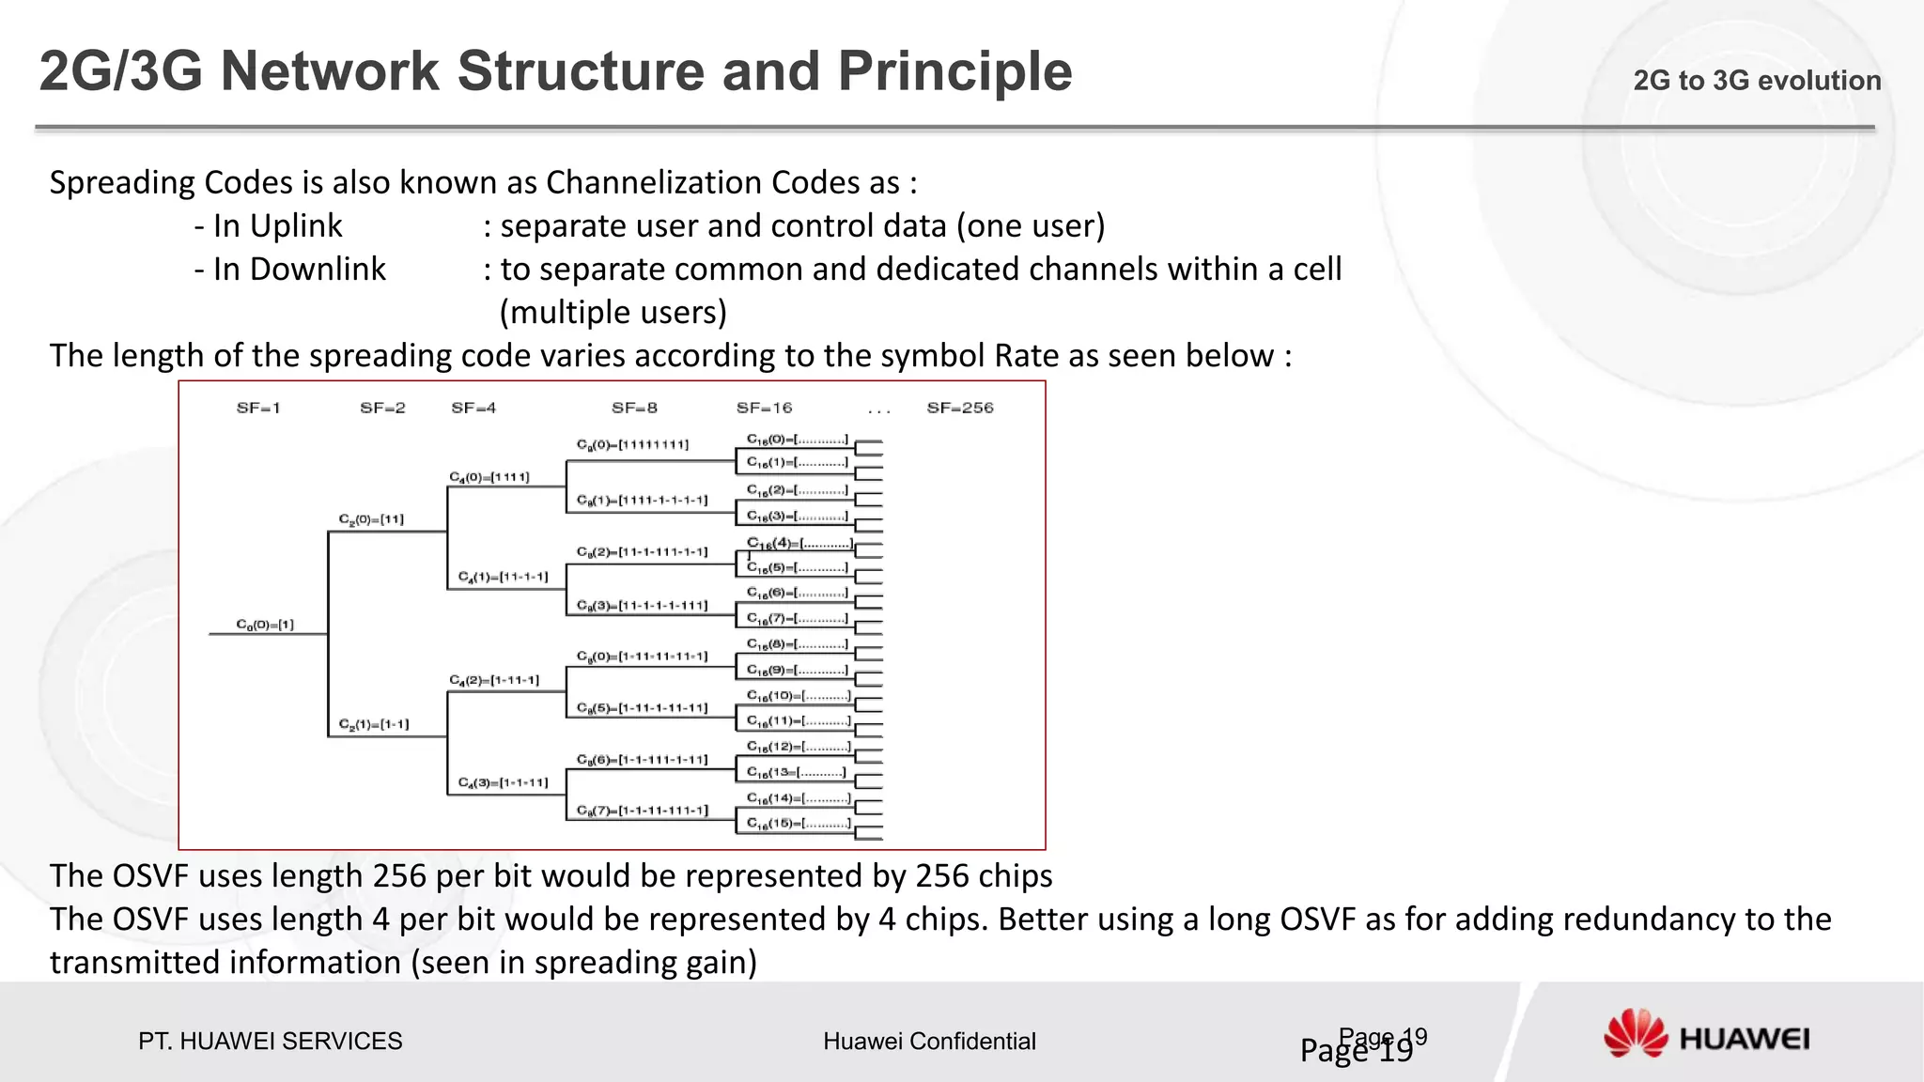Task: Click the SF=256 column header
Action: pos(959,408)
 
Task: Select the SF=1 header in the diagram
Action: pos(258,408)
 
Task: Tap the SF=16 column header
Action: pos(764,408)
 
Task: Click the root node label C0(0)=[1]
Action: pos(265,625)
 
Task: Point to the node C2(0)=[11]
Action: pos(371,519)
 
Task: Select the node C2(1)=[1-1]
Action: pos(374,724)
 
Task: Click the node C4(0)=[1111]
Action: pos(489,477)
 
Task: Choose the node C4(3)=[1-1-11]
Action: pos(503,782)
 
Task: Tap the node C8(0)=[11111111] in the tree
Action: pos(632,444)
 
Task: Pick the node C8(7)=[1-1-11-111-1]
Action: pos(642,810)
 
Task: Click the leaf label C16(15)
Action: pos(799,824)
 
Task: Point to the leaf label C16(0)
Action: pos(797,440)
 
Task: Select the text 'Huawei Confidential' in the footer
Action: pos(929,1041)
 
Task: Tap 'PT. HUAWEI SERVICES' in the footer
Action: pos(270,1041)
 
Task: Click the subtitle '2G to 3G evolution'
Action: pos(1757,81)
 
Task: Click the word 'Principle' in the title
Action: pos(954,71)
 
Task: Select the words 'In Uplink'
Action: pos(277,225)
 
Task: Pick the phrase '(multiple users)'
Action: pos(613,312)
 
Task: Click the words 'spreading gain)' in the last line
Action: pos(645,962)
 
